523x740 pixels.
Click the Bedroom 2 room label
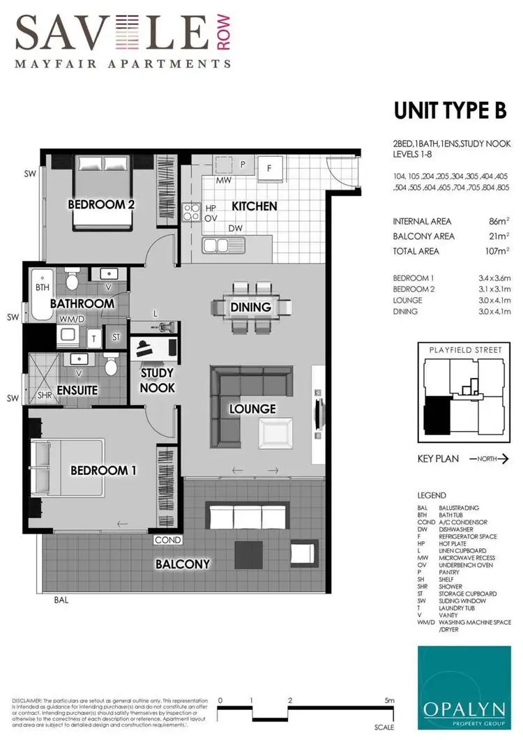click(x=101, y=204)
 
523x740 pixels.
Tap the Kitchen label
click(x=255, y=206)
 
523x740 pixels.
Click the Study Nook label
click(x=158, y=381)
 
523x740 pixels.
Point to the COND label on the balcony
click(x=168, y=540)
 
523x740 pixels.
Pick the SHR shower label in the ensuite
click(x=44, y=395)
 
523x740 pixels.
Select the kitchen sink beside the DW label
click(x=222, y=245)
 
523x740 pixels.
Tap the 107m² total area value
click(x=498, y=251)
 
